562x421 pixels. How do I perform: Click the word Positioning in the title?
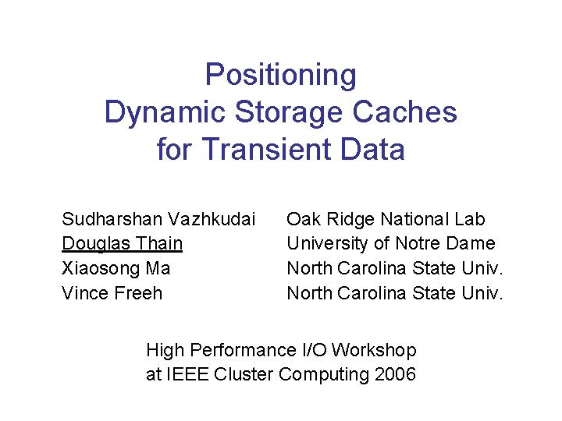[x=281, y=76]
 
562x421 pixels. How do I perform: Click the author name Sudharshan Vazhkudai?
[x=158, y=219]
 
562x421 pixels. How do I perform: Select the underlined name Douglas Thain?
[x=122, y=244]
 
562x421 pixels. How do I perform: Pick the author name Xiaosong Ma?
[x=116, y=269]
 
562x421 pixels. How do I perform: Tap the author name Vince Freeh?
[x=112, y=294]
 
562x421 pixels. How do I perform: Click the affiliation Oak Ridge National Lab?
[x=386, y=219]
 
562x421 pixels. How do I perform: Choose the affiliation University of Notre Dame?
[x=391, y=244]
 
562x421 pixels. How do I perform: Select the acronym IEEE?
[x=190, y=375]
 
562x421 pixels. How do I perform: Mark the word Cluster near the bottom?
[x=244, y=375]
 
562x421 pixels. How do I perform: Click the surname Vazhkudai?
[x=212, y=219]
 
